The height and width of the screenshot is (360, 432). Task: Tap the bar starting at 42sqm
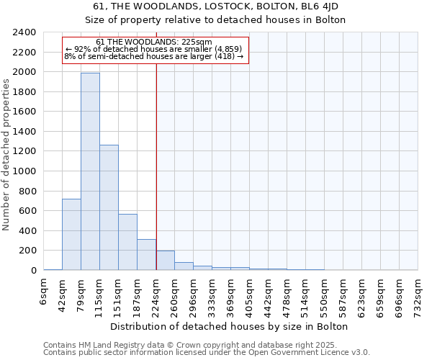pos(71,234)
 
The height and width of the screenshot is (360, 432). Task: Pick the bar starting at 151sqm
pos(127,242)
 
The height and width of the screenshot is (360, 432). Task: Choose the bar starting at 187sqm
pos(146,255)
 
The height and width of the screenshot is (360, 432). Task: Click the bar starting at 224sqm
pos(165,261)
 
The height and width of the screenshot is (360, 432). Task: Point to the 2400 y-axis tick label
pos(24,32)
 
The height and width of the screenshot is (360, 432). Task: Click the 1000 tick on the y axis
pos(24,171)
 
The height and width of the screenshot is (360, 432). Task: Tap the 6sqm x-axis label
pos(44,292)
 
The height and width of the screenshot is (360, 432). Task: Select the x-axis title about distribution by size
pos(230,326)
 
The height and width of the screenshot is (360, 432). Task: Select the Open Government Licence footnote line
pos(207,352)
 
